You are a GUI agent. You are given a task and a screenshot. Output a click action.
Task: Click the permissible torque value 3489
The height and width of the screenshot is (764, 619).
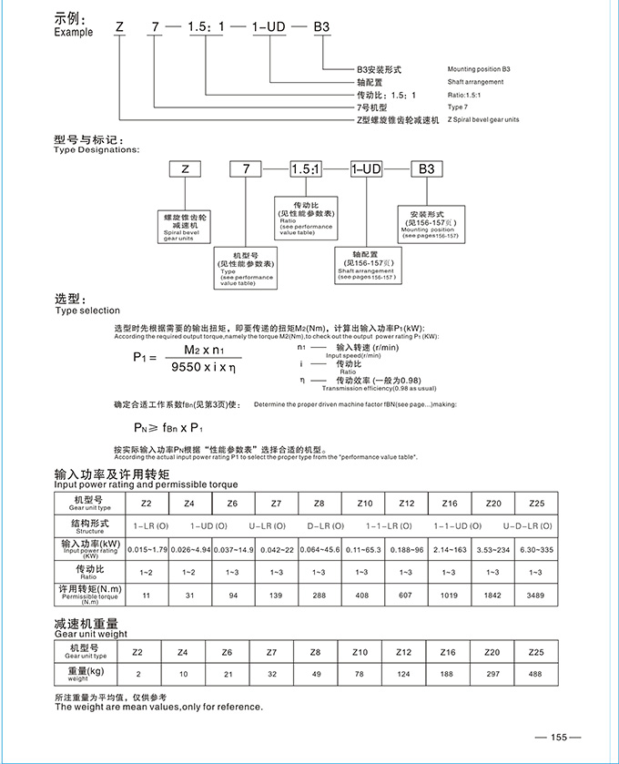(x=535, y=594)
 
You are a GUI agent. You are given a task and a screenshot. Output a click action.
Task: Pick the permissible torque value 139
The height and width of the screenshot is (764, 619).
(x=276, y=594)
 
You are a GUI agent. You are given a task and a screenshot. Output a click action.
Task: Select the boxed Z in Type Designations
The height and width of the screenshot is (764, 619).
(x=185, y=168)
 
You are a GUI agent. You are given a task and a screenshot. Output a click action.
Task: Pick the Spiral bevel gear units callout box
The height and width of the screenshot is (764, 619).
(x=186, y=227)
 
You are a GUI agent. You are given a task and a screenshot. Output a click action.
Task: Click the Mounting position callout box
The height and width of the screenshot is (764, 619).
(x=430, y=227)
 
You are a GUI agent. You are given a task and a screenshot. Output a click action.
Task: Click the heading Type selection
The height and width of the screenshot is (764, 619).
(x=87, y=311)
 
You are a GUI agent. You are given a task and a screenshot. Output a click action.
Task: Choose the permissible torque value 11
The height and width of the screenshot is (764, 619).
(x=147, y=594)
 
